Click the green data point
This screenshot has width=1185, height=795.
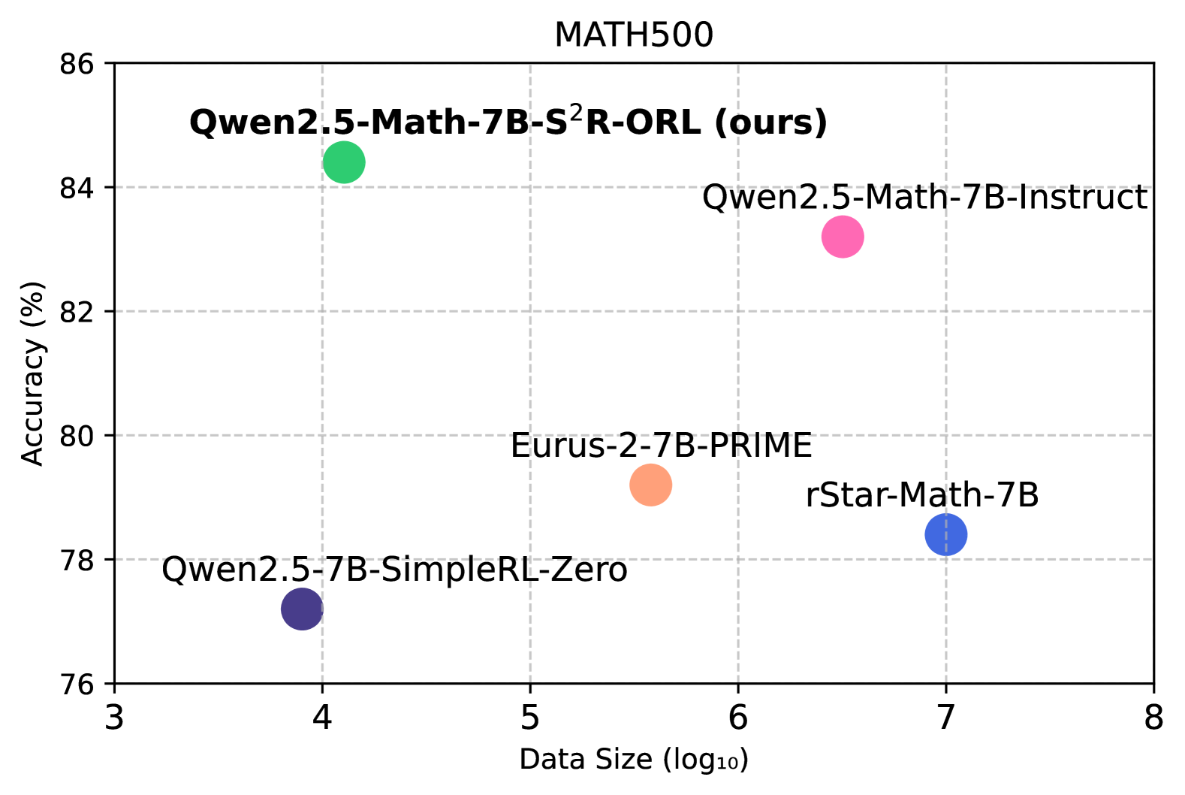[344, 162]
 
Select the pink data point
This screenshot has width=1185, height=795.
[843, 237]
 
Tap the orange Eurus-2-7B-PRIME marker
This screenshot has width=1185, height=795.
[650, 485]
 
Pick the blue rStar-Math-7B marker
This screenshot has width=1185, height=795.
[945, 534]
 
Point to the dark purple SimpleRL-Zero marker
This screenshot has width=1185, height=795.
[302, 609]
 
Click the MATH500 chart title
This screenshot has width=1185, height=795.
[633, 35]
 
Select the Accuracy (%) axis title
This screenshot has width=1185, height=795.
[32, 373]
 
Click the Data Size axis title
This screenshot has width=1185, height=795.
[633, 760]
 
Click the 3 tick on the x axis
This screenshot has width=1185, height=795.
[114, 718]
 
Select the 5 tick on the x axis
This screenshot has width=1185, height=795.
[530, 718]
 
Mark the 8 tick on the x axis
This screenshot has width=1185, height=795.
[1153, 718]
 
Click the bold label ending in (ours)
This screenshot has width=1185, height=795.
[508, 122]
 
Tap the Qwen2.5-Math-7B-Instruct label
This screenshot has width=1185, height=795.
[924, 198]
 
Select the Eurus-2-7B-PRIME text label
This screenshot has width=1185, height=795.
[661, 446]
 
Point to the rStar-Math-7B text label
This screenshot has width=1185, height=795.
[922, 495]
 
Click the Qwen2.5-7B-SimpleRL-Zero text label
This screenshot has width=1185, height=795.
[394, 570]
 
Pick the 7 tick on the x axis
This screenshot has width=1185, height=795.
[945, 718]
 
